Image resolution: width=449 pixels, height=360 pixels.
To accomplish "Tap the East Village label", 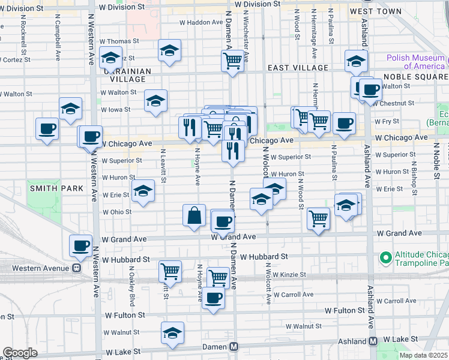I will [298, 68].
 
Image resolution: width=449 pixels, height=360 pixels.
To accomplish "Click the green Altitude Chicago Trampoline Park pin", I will [385, 259].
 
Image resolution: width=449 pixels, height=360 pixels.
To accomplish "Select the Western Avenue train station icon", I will [76, 268].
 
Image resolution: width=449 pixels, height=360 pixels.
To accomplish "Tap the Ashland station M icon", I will [373, 341].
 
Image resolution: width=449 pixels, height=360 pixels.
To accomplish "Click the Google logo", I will [20, 353].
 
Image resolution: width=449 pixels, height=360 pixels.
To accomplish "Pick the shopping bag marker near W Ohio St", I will [194, 216].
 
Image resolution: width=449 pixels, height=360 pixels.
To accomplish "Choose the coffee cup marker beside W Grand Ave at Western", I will [80, 245].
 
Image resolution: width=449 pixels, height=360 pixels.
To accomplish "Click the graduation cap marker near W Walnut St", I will [172, 333].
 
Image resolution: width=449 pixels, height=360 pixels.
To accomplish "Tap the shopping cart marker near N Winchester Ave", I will [232, 60].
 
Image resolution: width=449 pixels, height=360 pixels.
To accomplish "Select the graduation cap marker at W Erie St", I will [143, 191].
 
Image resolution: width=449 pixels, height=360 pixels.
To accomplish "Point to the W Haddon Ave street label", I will [201, 22].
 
